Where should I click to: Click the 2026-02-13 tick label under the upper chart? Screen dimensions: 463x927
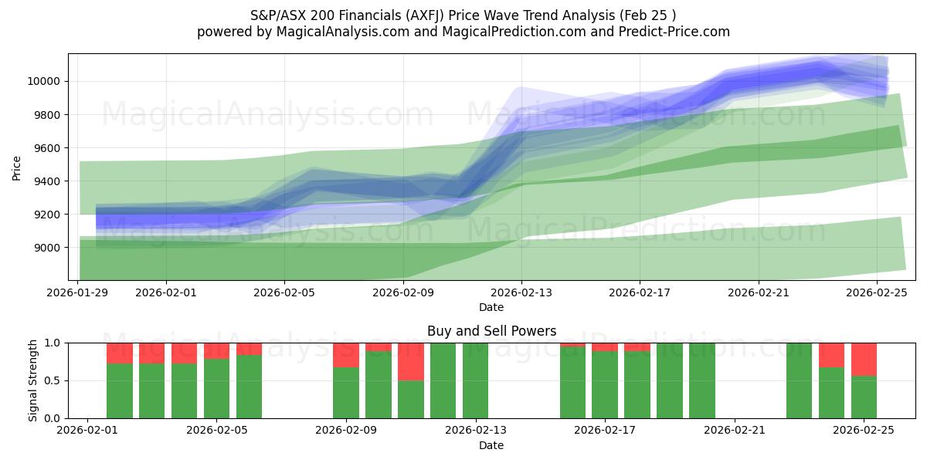[x=521, y=293]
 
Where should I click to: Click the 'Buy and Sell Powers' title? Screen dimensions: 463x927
[x=491, y=331]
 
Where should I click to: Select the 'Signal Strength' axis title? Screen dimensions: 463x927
[x=32, y=380]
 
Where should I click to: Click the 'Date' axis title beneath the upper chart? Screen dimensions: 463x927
[x=491, y=307]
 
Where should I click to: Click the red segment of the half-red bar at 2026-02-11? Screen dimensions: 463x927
[x=411, y=361]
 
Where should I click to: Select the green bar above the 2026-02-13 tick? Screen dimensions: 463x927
[x=476, y=380]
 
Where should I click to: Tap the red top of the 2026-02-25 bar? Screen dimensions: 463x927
[x=864, y=359]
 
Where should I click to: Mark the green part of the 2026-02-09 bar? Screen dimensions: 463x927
[x=346, y=393]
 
